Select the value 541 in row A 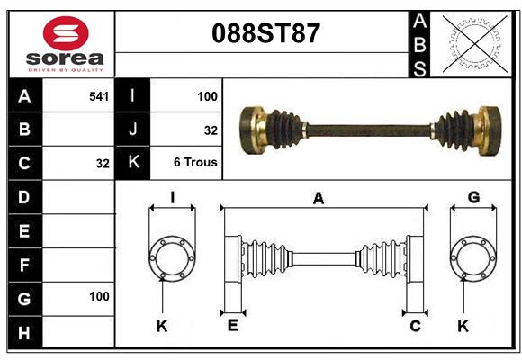click(x=99, y=94)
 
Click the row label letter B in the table click(x=24, y=129)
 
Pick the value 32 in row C click(x=103, y=164)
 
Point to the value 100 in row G click(x=99, y=295)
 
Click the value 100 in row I click(x=207, y=94)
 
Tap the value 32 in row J click(x=211, y=130)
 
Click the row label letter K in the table click(x=133, y=163)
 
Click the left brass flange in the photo click(x=253, y=128)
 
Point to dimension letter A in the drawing click(x=318, y=199)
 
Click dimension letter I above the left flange click(x=171, y=197)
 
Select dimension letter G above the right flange click(x=473, y=197)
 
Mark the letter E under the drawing click(x=232, y=326)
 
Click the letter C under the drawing click(x=415, y=326)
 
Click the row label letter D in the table click(x=24, y=195)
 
